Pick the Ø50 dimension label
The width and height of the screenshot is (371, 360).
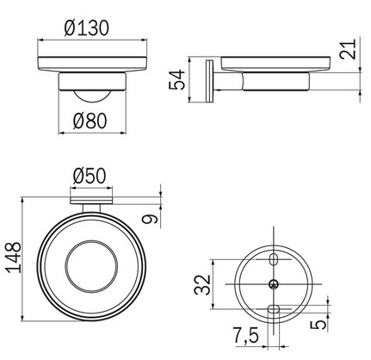tap(89, 176)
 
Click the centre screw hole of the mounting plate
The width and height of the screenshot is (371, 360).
tap(274, 284)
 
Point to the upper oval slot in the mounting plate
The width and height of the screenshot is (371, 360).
tap(274, 259)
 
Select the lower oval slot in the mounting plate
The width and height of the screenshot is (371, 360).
tap(274, 309)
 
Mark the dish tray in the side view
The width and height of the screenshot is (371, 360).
tap(275, 63)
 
